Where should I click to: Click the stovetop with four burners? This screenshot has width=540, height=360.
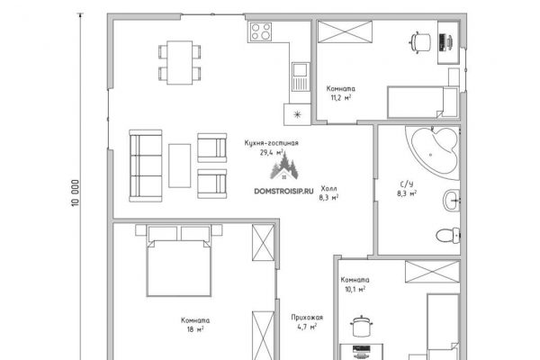click(261, 31)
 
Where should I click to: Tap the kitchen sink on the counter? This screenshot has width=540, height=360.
click(301, 76)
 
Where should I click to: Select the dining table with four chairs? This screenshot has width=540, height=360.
click(180, 63)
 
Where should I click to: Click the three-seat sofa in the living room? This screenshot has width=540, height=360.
click(145, 166)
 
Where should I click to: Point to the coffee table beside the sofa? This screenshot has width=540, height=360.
click(179, 166)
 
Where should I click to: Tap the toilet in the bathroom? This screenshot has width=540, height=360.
click(448, 235)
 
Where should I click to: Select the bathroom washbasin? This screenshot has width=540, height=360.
click(452, 200)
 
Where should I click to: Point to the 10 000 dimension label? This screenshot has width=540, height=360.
click(76, 193)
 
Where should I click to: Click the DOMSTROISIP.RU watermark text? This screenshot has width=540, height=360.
click(283, 191)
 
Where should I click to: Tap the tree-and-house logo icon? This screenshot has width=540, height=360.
click(283, 166)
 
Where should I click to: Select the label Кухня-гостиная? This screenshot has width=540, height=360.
click(272, 142)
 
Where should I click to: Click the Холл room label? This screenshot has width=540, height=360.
click(328, 188)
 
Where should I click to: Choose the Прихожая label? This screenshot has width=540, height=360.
click(307, 318)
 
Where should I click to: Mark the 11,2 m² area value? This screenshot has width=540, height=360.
click(341, 97)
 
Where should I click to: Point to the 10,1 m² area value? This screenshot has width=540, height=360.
click(355, 290)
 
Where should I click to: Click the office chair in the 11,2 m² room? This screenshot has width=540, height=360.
click(420, 42)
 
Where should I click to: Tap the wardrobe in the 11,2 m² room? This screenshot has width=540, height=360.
click(345, 31)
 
